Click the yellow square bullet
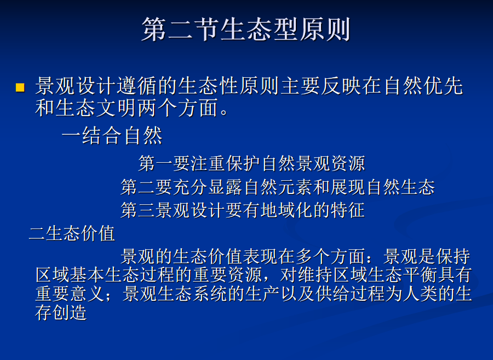(20, 88)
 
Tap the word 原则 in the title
(325, 29)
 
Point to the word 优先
(444, 86)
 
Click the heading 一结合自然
(112, 136)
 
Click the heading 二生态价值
(72, 233)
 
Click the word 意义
(88, 293)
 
